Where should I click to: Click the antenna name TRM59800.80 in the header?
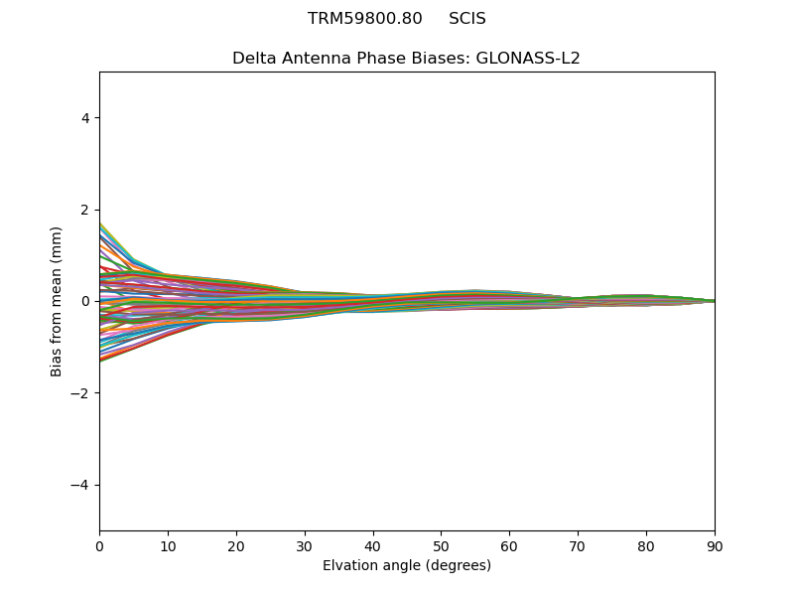364,19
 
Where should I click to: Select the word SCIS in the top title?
467,19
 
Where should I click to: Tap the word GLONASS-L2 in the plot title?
528,58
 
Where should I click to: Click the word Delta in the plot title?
253,58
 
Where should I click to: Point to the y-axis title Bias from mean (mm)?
57,301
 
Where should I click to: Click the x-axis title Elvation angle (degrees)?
407,565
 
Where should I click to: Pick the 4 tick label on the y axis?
84,117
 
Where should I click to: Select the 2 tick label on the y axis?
84,210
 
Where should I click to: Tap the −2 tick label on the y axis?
80,393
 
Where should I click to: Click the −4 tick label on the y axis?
80,485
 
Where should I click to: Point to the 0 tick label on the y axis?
84,301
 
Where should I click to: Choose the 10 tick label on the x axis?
168,545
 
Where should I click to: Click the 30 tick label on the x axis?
305,545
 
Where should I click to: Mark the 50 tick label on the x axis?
441,545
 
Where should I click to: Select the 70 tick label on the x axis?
578,545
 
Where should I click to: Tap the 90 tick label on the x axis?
715,545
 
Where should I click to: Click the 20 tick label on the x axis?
236,545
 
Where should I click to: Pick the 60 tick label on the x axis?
509,545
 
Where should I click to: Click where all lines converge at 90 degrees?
714,301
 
